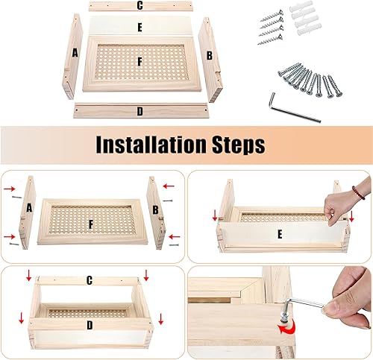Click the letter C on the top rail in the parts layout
[x=140, y=5]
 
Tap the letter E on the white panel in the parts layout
[x=140, y=28]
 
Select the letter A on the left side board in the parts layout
[x=75, y=53]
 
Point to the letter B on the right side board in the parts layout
[x=210, y=56]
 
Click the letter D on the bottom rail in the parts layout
[x=140, y=112]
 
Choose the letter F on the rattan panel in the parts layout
[x=140, y=62]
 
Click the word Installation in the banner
[x=151, y=145]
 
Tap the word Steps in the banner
[x=239, y=145]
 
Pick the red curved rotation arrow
[x=287, y=327]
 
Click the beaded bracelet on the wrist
[x=358, y=192]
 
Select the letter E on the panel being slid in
[x=280, y=234]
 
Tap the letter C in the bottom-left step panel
[x=90, y=280]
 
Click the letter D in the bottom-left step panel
[x=90, y=325]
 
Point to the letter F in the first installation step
[x=91, y=224]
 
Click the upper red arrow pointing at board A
[x=10, y=189]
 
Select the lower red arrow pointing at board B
[x=175, y=237]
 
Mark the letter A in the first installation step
[x=29, y=208]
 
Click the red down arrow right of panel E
[x=351, y=217]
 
